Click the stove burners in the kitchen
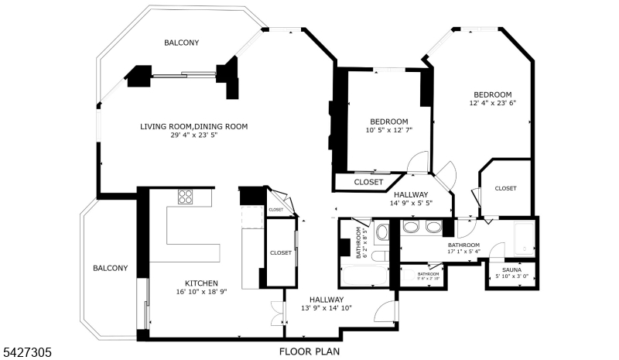click(186, 197)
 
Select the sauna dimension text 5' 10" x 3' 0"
click(511, 276)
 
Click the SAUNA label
click(511, 269)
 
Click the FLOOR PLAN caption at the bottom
click(309, 351)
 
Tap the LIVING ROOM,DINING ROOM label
click(193, 126)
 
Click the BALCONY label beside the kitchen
click(110, 268)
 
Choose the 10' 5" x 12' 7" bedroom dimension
click(388, 130)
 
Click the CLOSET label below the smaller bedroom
click(368, 182)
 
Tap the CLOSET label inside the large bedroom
click(505, 188)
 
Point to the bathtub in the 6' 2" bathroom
click(366, 275)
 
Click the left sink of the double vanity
click(412, 227)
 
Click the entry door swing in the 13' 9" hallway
click(381, 311)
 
